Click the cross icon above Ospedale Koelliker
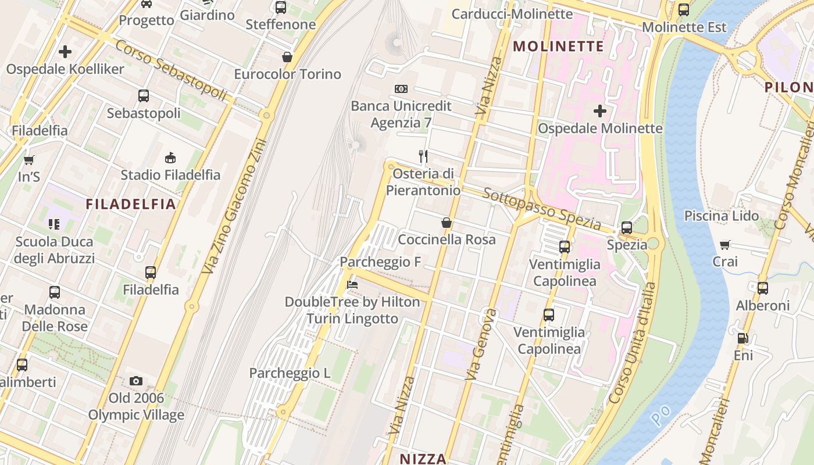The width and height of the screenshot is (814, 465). point(65,52)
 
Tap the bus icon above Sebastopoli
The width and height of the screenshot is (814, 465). point(144,96)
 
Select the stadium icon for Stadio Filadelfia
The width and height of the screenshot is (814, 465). point(170,158)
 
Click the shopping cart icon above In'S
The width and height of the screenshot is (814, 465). point(28,160)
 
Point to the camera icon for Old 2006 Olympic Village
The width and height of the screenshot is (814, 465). point(136,381)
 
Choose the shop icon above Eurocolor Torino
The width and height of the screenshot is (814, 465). point(287,57)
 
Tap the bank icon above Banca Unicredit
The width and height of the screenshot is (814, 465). point(401,89)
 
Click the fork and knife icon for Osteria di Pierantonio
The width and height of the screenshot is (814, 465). point(424,156)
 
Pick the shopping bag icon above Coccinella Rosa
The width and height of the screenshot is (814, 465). point(447,223)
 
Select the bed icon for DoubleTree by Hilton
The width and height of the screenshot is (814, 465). point(352,285)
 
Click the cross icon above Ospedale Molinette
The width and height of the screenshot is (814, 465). point(600,110)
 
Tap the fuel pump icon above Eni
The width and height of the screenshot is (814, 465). point(742,338)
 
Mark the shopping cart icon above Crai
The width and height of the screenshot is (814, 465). point(725,245)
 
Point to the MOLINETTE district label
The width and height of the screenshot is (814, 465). point(559,46)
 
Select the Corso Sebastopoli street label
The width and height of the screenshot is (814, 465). point(170,70)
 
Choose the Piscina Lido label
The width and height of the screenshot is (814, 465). point(721,216)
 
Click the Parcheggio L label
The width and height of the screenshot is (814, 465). point(290,373)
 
